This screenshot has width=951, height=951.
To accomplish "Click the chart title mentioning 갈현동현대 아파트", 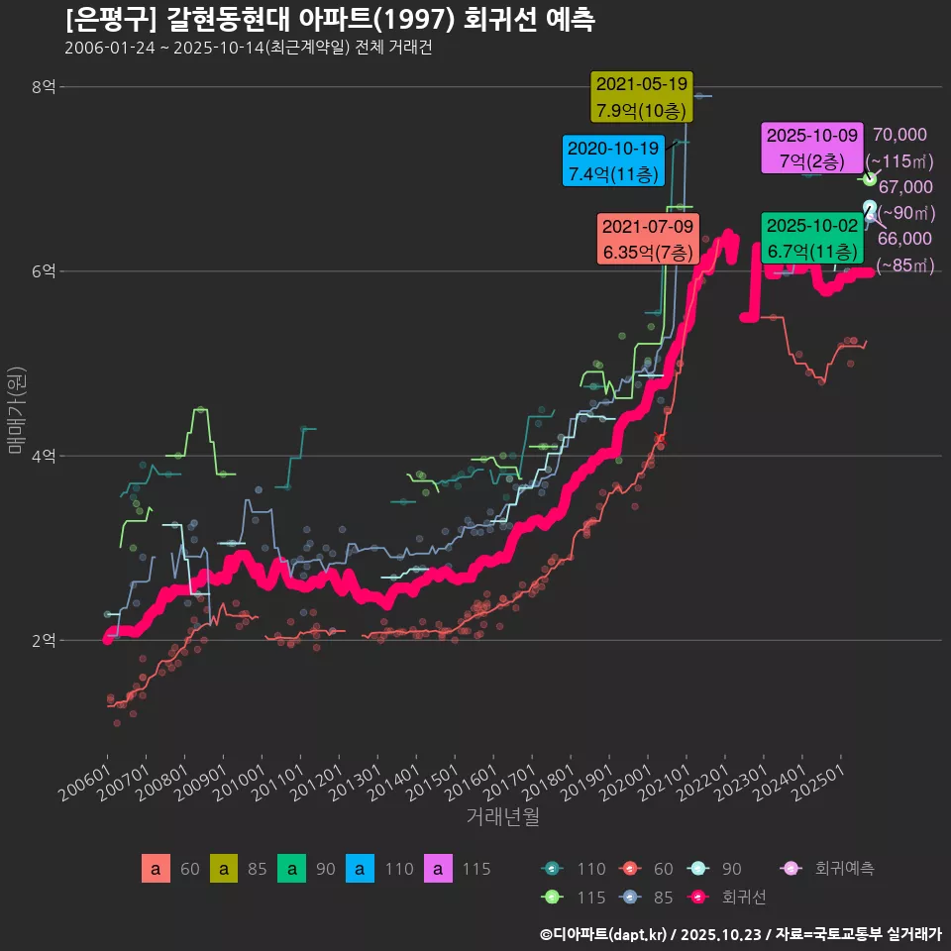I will point(330,20).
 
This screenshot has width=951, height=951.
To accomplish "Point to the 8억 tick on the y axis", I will point(44,87).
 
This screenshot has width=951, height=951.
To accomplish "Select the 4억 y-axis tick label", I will point(44,456).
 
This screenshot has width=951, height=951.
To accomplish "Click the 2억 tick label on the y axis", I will point(44,640).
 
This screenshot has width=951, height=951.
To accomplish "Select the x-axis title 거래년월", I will point(502,817).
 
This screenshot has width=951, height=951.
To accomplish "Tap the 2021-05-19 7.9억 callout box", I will point(641,97).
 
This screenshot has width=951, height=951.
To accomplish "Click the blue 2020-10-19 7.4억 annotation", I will point(612,161).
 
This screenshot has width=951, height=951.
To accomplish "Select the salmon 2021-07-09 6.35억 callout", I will point(649,239).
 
